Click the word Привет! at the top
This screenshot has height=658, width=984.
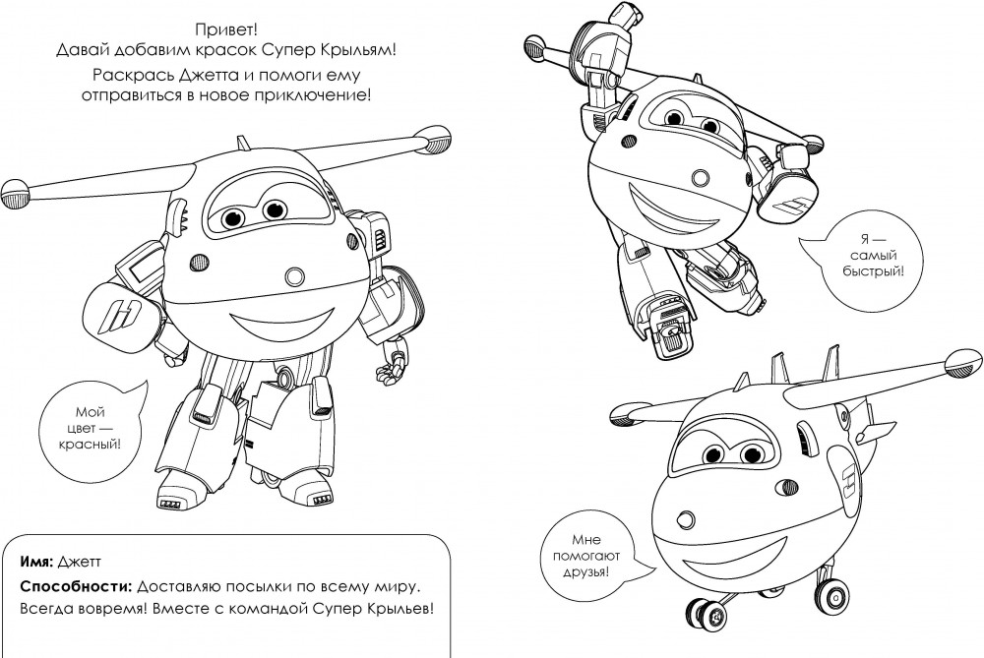[x=226, y=30]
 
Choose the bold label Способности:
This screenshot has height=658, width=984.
[x=76, y=588]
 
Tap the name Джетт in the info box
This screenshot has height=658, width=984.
[x=80, y=562]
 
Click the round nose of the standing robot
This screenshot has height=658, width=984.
[x=293, y=276]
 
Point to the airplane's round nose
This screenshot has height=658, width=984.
[x=687, y=519]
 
